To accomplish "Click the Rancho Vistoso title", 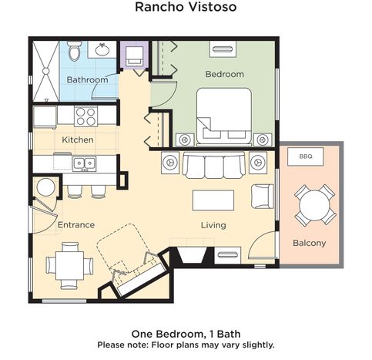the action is click(x=186, y=7).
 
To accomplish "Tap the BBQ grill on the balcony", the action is click(x=305, y=156).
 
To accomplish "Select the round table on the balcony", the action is click(x=314, y=205).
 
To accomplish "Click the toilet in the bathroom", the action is click(x=75, y=50).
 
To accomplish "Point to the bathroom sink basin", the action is click(x=102, y=49).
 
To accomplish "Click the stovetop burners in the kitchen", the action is click(x=86, y=116).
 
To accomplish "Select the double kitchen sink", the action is click(x=84, y=163).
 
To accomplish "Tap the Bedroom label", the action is click(x=225, y=74).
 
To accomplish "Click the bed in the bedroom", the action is click(x=224, y=116).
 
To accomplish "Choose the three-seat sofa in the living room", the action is click(x=213, y=165).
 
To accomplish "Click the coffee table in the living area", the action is click(x=213, y=200).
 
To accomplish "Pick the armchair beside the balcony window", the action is click(x=262, y=197).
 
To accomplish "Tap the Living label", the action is click(x=213, y=225).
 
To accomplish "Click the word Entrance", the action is click(x=76, y=225).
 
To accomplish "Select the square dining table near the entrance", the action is click(x=69, y=265).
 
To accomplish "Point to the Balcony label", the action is click(x=310, y=243).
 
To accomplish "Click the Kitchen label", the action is click(x=78, y=140).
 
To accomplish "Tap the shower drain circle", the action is click(x=45, y=71).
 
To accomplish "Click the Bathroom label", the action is click(x=87, y=79).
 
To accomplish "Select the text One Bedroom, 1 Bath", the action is click(x=186, y=334).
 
